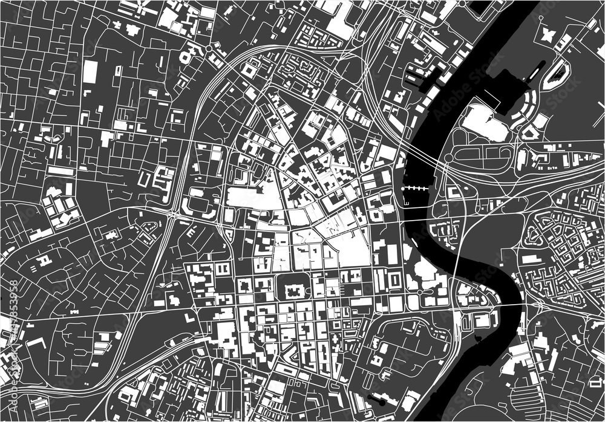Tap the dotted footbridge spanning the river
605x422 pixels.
tap(416, 189)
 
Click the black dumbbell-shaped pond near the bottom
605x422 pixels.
tap(376, 399)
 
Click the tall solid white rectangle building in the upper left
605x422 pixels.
tap(90, 71)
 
